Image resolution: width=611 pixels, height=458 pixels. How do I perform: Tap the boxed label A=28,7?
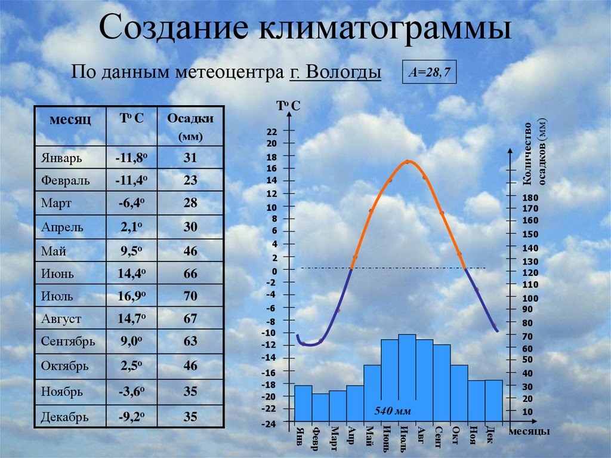pyautogui.click(x=429, y=72)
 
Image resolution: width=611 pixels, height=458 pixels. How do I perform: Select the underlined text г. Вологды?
pyautogui.click(x=335, y=72)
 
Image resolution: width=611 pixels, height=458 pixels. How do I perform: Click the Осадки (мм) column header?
pyautogui.click(x=190, y=127)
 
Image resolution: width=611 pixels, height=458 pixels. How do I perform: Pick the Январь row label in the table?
pyautogui.click(x=61, y=158)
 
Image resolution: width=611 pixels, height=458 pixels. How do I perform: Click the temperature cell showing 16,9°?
pyautogui.click(x=132, y=296)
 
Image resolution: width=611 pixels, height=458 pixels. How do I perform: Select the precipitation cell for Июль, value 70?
pyautogui.click(x=190, y=296)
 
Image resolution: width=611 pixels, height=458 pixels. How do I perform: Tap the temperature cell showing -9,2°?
pyautogui.click(x=132, y=417)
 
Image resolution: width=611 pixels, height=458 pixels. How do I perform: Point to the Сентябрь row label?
pyautogui.click(x=68, y=342)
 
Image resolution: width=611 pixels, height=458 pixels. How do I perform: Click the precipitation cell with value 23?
pyautogui.click(x=190, y=180)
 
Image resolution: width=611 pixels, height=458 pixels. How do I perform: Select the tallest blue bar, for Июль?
pyautogui.click(x=407, y=378)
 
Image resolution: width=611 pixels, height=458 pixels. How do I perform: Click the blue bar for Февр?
pyautogui.click(x=320, y=408)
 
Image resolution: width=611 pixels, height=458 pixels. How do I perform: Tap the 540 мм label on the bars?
pyautogui.click(x=393, y=411)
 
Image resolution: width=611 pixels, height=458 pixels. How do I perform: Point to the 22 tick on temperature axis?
pyautogui.click(x=271, y=132)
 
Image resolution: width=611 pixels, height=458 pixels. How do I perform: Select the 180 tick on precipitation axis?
pyautogui.click(x=530, y=198)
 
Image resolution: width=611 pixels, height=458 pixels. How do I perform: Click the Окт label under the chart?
pyautogui.click(x=455, y=435)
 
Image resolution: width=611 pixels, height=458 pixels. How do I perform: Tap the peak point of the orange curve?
pyautogui.click(x=407, y=161)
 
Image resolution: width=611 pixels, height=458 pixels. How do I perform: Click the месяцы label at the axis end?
pyautogui.click(x=529, y=432)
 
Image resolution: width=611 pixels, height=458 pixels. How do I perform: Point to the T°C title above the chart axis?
pyautogui.click(x=288, y=105)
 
